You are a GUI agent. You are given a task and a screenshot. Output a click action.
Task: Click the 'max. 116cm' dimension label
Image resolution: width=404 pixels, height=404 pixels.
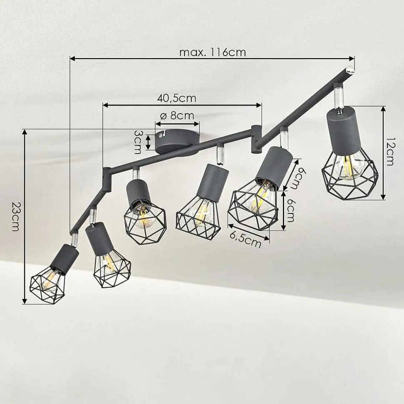coord(212,52)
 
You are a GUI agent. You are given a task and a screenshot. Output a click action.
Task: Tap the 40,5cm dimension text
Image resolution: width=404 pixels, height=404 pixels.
coord(177,98)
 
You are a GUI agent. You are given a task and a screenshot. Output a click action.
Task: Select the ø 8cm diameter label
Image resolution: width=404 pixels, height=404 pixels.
coord(177,116)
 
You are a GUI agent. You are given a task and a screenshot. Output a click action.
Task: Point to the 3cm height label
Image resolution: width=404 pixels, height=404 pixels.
coord(138,142)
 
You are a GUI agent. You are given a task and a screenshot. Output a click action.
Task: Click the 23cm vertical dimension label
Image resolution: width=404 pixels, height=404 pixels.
coord(15,216)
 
